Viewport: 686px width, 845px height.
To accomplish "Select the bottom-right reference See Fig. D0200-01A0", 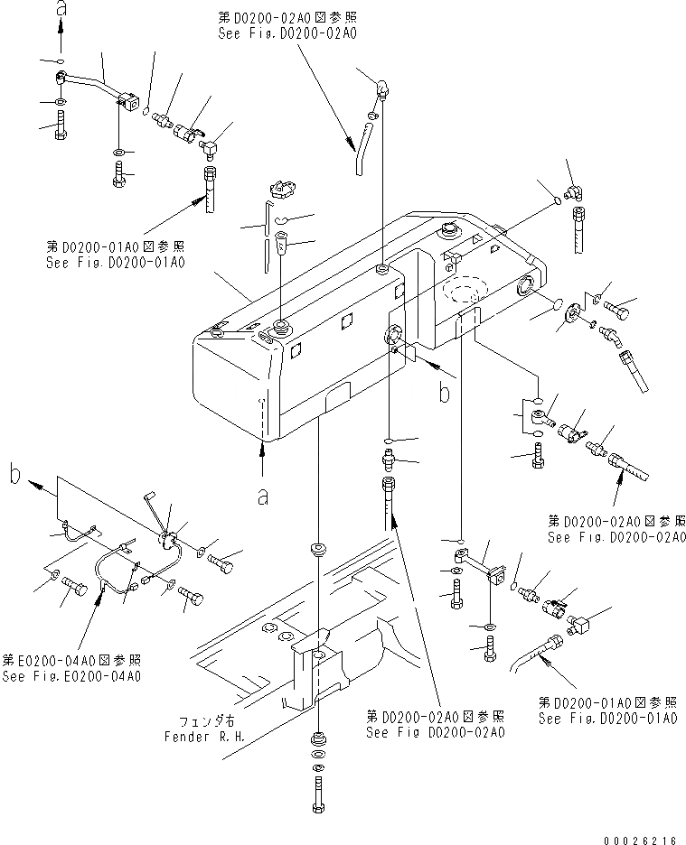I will pos(607,719).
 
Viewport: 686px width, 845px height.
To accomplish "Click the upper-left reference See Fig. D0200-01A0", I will pos(114,263).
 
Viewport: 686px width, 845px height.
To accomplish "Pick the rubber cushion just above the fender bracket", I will pos(318,549).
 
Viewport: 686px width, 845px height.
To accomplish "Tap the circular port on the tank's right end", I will pos(524,289).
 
